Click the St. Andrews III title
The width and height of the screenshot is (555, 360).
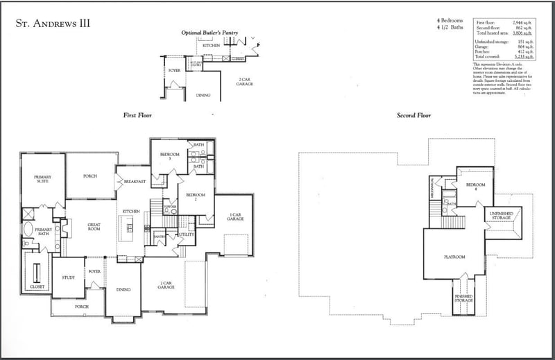[53, 24]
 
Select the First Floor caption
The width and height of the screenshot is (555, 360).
[137, 115]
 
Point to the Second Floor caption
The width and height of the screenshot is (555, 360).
[415, 115]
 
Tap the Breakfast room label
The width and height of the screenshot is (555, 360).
[135, 182]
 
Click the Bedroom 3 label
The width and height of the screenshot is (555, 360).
[170, 157]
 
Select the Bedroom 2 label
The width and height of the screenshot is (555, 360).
[196, 196]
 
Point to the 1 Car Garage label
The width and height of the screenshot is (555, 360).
[235, 216]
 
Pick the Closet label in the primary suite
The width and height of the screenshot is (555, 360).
[36, 287]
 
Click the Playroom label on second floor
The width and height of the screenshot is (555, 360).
[454, 257]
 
